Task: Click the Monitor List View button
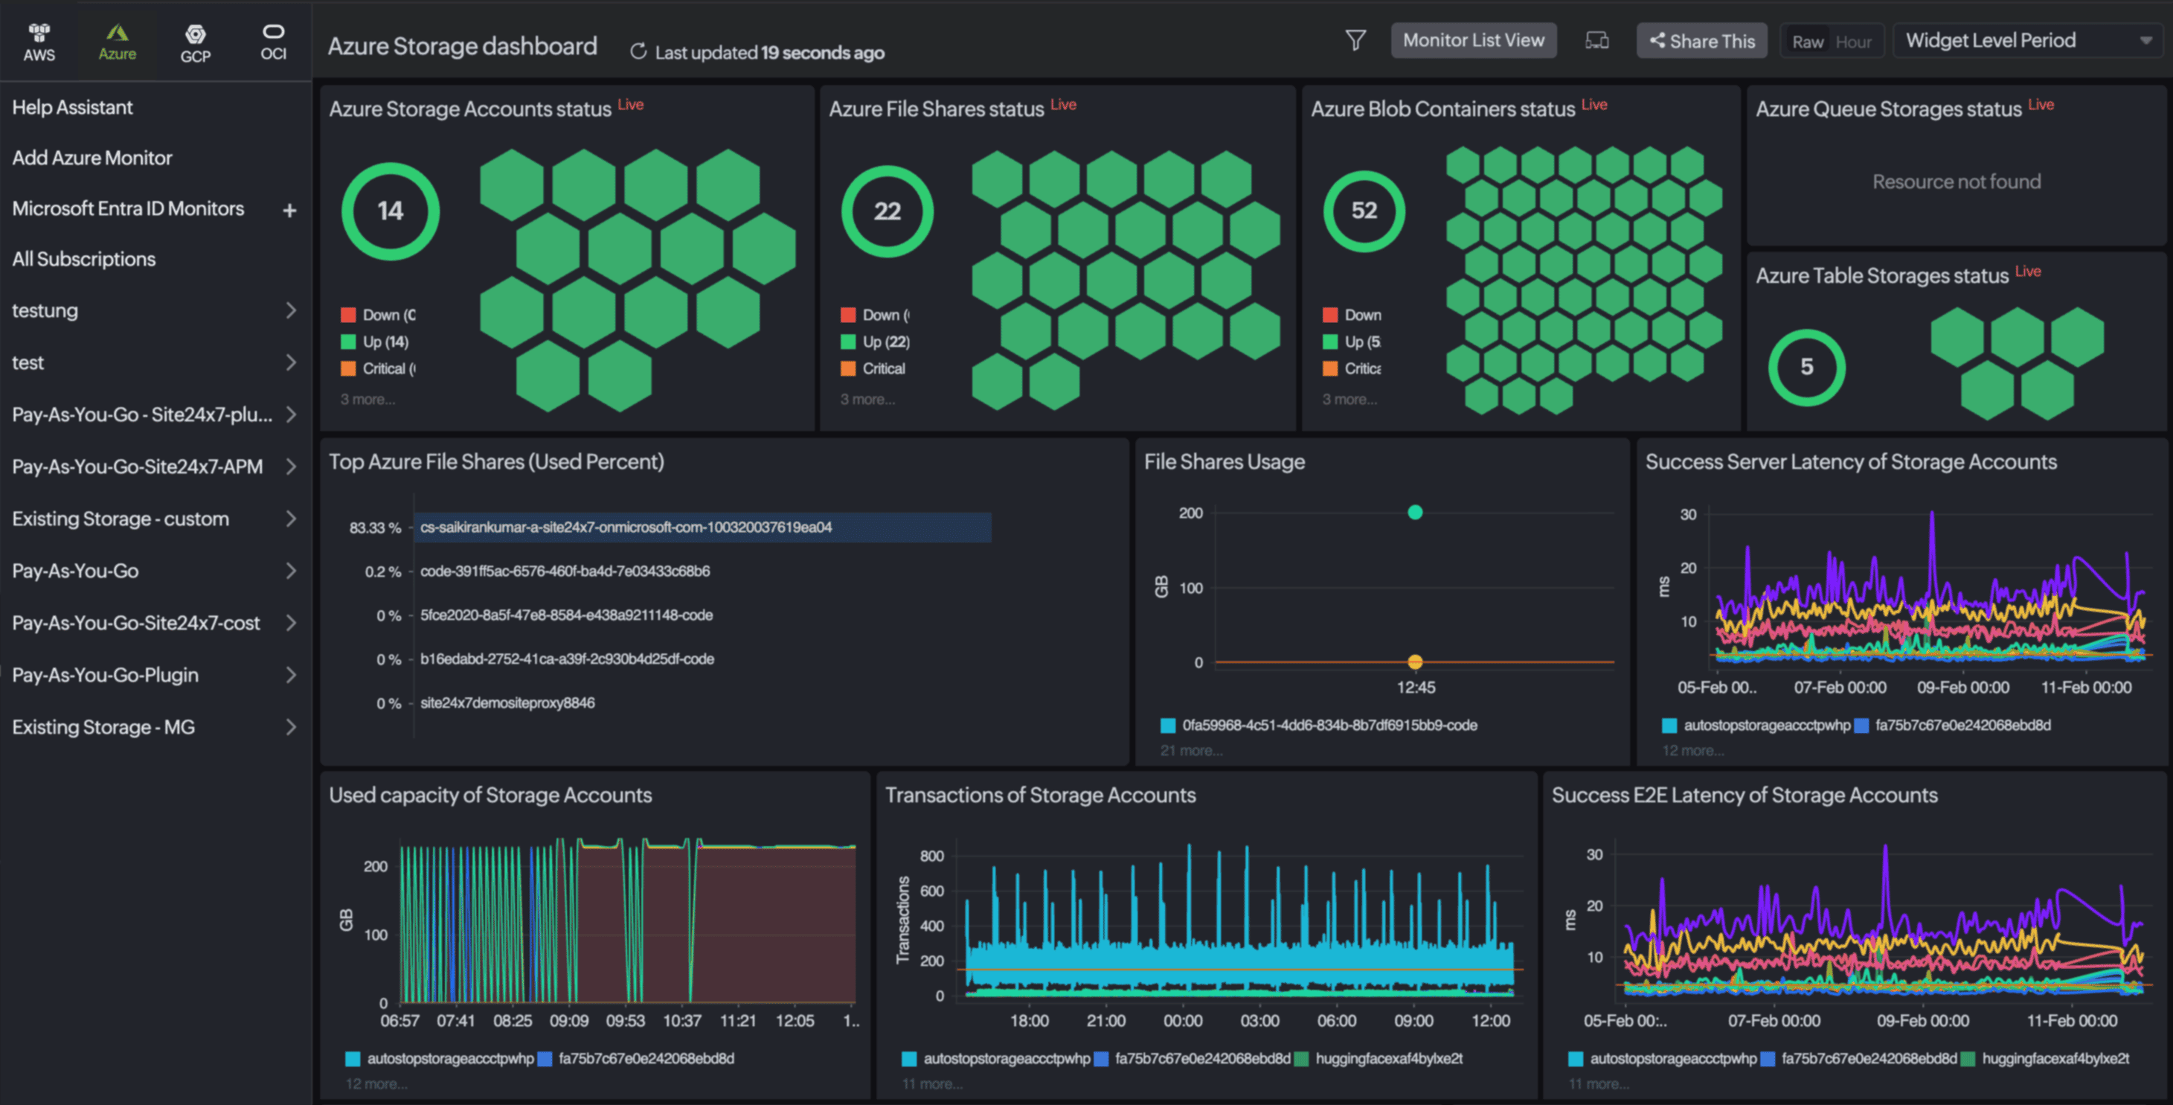tap(1473, 40)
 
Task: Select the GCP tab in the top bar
tap(195, 43)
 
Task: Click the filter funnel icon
tap(1355, 40)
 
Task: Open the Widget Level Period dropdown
tap(2026, 40)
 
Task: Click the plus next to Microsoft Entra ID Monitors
tap(289, 210)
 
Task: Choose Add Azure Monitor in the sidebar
tap(92, 158)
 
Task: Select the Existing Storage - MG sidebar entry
tap(103, 727)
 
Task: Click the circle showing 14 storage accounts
tap(390, 211)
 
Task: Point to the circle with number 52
tap(1363, 211)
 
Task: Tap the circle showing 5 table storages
tap(1806, 367)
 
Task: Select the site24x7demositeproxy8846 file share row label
tap(507, 702)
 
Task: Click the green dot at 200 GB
tap(1415, 512)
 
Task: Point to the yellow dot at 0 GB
tap(1415, 662)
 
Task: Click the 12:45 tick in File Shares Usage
tap(1416, 688)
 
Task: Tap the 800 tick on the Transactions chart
tap(931, 856)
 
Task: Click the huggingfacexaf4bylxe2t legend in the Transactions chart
tap(1388, 1059)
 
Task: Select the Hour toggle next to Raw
tap(1852, 42)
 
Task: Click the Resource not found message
tap(1957, 182)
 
